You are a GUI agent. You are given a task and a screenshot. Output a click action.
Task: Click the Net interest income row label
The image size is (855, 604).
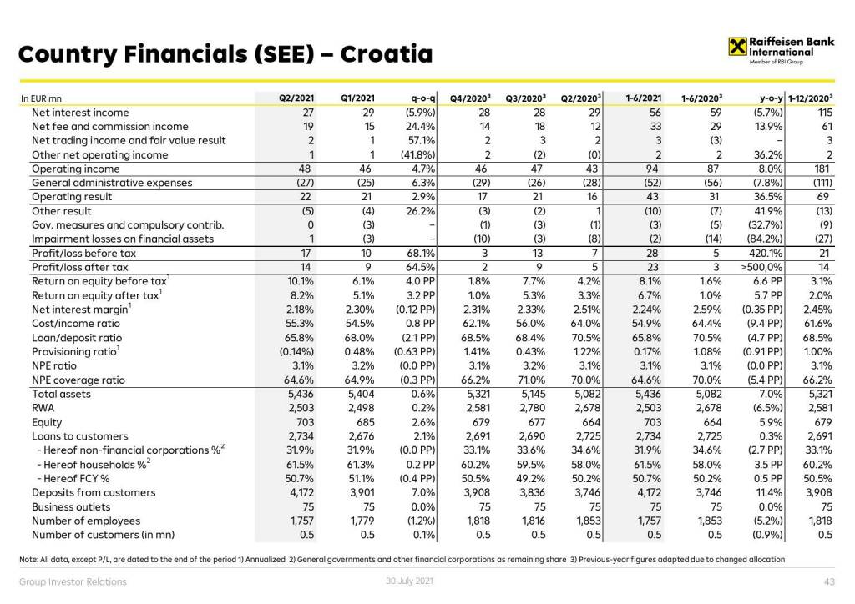coord(80,113)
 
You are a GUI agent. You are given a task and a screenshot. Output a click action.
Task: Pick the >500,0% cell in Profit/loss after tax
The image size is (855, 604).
coord(761,267)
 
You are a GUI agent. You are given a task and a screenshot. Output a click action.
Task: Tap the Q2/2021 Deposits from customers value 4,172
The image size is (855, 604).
coord(297,492)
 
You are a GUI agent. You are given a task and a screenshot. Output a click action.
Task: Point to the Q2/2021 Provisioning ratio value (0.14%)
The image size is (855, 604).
coord(295,351)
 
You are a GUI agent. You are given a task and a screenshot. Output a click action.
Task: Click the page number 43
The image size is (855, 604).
coord(830,581)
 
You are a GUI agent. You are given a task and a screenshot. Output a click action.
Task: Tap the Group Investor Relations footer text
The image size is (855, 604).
coord(73,581)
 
